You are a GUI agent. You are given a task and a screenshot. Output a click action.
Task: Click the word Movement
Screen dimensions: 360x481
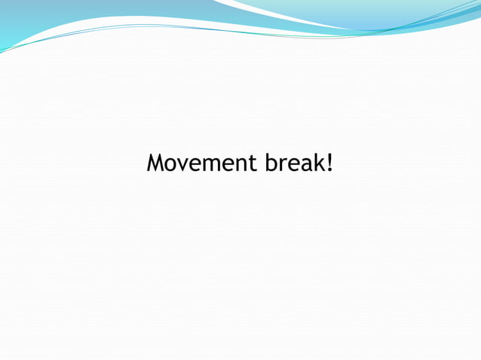[x=201, y=163]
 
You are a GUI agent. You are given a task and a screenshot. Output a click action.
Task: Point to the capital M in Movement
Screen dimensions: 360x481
[x=156, y=163]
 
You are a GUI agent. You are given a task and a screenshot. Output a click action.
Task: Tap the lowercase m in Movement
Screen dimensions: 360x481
[x=212, y=164]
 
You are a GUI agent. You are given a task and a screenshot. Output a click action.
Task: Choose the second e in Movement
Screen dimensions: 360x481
[x=228, y=164]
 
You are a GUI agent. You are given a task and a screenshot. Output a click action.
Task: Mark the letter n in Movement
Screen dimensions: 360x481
[x=240, y=164]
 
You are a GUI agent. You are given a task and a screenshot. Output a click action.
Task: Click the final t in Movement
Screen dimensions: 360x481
[x=252, y=163]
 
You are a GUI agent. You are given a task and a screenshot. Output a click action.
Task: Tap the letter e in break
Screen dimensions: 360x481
[x=292, y=164]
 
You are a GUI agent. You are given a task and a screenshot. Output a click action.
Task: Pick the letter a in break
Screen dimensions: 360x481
[x=305, y=164]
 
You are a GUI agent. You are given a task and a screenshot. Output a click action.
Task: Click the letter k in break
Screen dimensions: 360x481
[x=318, y=163]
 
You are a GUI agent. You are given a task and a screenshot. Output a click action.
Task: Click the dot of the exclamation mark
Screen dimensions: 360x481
[x=330, y=170]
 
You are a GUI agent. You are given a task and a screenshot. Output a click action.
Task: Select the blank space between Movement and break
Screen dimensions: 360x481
[x=260, y=163]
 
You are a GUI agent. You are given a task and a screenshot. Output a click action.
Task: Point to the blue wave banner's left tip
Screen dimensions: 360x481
[x=2, y=50]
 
